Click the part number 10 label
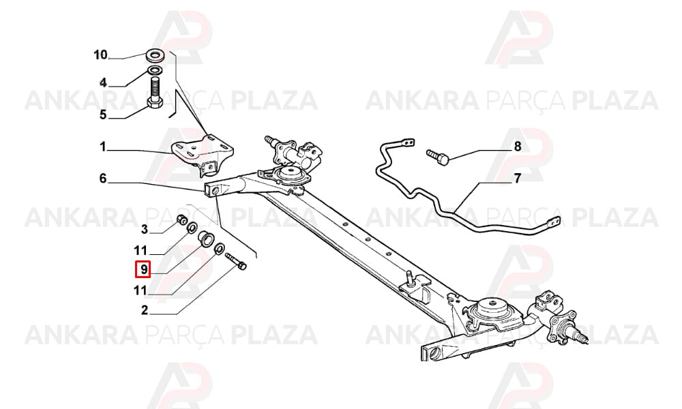pos(100,55)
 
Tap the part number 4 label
pos(103,82)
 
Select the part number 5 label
pos(103,115)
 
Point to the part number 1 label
pos(103,147)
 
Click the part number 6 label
pos(103,178)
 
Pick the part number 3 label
pos(145,229)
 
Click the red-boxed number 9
pos(143,269)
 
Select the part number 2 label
pos(145,310)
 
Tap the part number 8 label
pos(517,146)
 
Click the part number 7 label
pos(517,178)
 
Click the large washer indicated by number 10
pos(154,55)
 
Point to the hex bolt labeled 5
pos(155,93)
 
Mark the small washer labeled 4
pos(155,70)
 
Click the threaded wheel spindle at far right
pos(581,337)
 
